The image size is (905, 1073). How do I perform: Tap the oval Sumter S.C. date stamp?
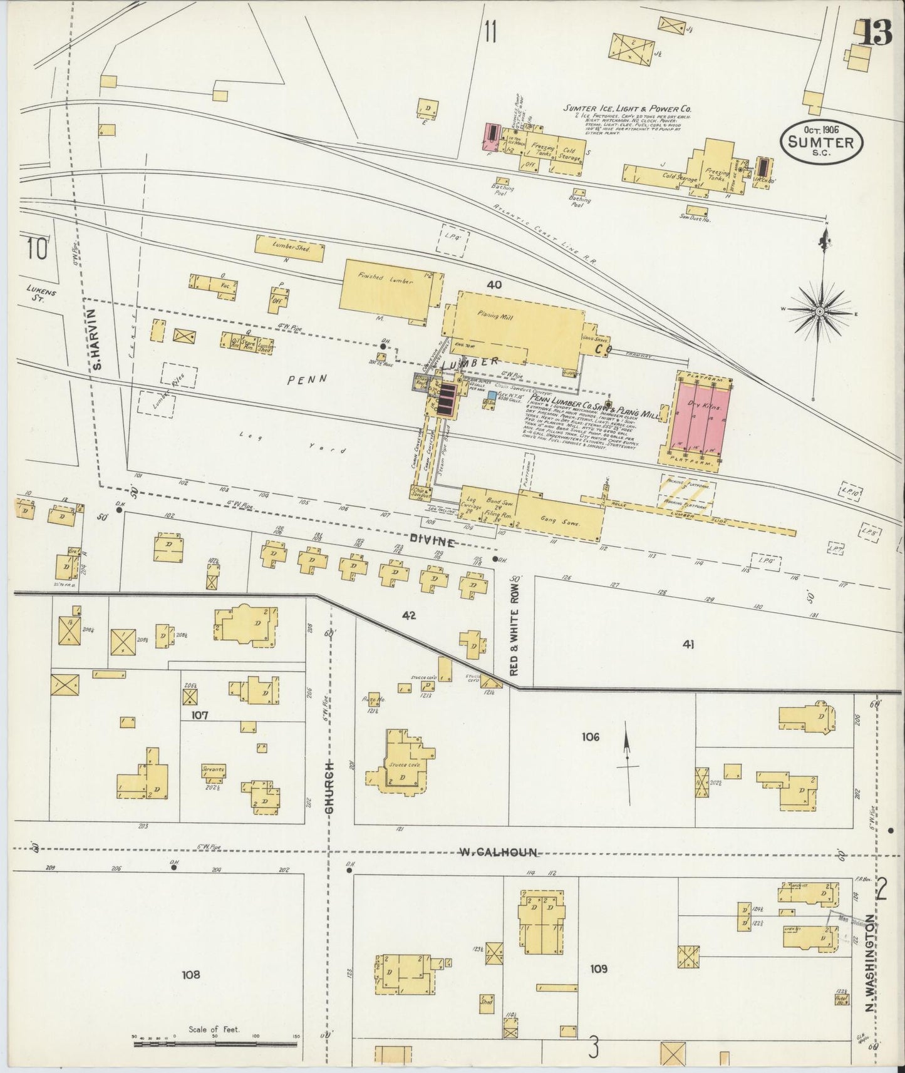tap(821, 143)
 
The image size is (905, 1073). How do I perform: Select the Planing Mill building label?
tap(495, 317)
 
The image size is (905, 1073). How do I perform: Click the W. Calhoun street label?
tap(499, 851)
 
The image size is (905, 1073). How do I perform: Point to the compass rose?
tap(820, 311)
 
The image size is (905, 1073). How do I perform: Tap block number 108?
tap(190, 974)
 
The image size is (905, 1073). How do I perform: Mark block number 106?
tap(589, 737)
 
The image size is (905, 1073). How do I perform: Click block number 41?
tap(689, 644)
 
